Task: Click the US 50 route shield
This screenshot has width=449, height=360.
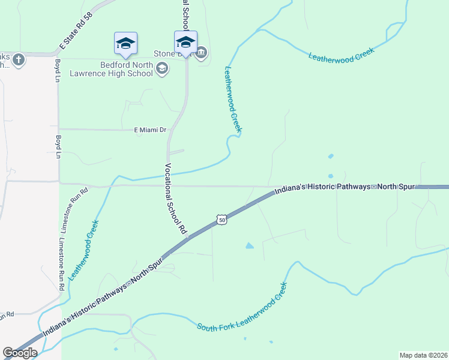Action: (222, 220)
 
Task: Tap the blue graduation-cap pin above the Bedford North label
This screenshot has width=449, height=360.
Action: (125, 43)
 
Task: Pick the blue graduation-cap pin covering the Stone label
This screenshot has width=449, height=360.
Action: (185, 42)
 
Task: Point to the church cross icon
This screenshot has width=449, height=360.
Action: (19, 59)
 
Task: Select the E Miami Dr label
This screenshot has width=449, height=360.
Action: (149, 130)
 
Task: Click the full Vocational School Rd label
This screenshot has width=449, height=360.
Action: (176, 198)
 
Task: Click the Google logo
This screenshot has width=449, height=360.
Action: (20, 353)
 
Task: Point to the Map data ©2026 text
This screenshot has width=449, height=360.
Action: (423, 355)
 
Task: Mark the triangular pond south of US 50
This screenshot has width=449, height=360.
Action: (249, 245)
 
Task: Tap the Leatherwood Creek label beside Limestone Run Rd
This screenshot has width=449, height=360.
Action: (83, 251)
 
